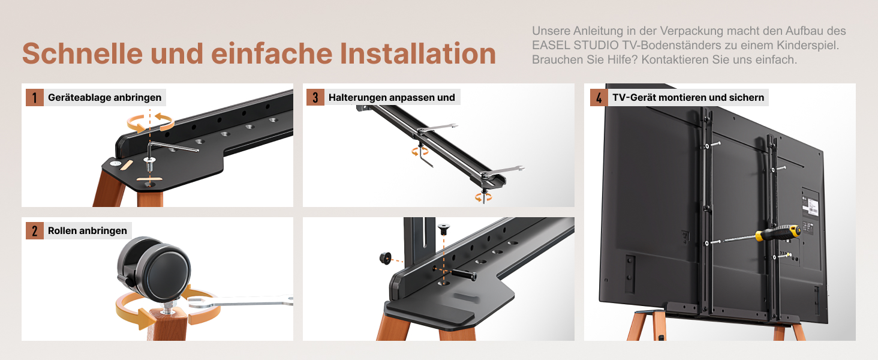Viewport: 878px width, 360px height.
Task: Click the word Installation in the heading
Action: [x=418, y=53]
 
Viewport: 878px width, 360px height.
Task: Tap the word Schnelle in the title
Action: [x=82, y=53]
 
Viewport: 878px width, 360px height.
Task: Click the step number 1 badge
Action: [x=35, y=97]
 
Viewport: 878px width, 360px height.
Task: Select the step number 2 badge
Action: [x=35, y=230]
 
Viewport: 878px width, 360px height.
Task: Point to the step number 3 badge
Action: [x=315, y=97]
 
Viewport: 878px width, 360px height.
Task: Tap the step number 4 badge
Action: [x=599, y=97]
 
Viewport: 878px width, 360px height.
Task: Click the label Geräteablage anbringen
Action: [x=105, y=97]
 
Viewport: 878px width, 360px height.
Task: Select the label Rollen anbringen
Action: [x=88, y=230]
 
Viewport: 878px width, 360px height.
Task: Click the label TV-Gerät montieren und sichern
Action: [x=688, y=97]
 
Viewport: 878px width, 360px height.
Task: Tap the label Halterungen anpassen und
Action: [x=392, y=97]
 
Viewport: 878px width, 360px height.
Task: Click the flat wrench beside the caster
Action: [x=240, y=302]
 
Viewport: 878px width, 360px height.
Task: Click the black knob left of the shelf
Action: [x=385, y=258]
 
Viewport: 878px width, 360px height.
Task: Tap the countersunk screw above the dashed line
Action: [x=444, y=229]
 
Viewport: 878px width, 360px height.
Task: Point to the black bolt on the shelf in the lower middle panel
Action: [x=464, y=274]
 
